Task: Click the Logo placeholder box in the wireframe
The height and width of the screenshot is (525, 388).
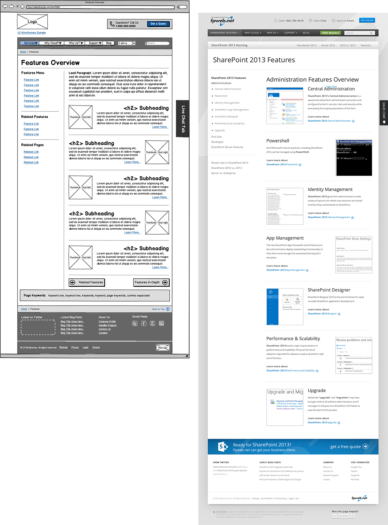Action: point(32,22)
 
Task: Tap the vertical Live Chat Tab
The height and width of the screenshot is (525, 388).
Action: point(183,119)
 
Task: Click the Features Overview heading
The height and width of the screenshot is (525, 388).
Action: point(50,63)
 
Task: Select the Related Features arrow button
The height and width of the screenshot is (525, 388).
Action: point(87,283)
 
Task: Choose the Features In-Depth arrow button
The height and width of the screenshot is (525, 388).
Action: point(151,283)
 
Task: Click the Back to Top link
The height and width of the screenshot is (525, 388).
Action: point(161,309)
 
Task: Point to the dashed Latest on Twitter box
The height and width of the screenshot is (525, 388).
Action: point(38,327)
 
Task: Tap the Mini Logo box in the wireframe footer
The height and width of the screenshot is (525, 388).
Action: point(163,348)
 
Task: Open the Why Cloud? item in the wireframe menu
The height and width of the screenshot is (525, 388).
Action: point(53,43)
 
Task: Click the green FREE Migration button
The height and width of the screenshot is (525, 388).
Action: point(330,33)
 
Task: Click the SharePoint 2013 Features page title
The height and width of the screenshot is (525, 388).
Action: point(254,60)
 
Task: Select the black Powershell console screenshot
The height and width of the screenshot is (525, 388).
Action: point(354,158)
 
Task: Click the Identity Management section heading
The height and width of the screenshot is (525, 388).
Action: point(330,189)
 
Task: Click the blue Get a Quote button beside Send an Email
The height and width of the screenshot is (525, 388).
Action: point(367,20)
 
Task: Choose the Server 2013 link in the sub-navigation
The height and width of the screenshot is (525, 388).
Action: point(328,46)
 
